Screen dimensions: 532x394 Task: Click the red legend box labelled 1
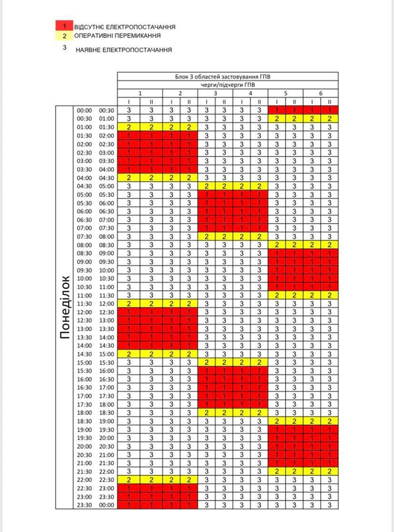(x=65, y=26)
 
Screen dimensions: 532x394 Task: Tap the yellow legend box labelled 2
(x=65, y=36)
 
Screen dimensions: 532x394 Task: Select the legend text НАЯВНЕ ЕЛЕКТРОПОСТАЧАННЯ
(x=124, y=50)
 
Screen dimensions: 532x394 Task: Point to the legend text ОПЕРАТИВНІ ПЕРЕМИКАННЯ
(x=117, y=36)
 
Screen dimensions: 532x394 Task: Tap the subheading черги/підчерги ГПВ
(x=227, y=85)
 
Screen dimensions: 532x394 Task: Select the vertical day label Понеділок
(x=65, y=307)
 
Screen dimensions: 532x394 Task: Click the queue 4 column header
(x=250, y=93)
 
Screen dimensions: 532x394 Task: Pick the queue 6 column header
(x=321, y=93)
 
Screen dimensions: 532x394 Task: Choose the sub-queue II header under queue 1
(x=151, y=102)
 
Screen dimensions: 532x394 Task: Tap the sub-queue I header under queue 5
(x=277, y=102)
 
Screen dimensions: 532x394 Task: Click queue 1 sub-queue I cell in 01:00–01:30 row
(x=129, y=127)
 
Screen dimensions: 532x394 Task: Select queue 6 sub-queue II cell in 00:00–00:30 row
(x=329, y=110)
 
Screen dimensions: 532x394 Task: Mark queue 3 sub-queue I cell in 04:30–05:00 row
(x=206, y=186)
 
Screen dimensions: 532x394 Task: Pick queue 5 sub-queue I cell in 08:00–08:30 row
(x=277, y=245)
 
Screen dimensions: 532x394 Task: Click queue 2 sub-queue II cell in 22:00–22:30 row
(x=189, y=480)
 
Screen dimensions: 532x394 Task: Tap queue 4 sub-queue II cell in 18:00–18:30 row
(x=259, y=413)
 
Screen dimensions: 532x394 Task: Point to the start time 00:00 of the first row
(x=84, y=111)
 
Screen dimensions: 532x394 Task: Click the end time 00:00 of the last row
(x=106, y=505)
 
